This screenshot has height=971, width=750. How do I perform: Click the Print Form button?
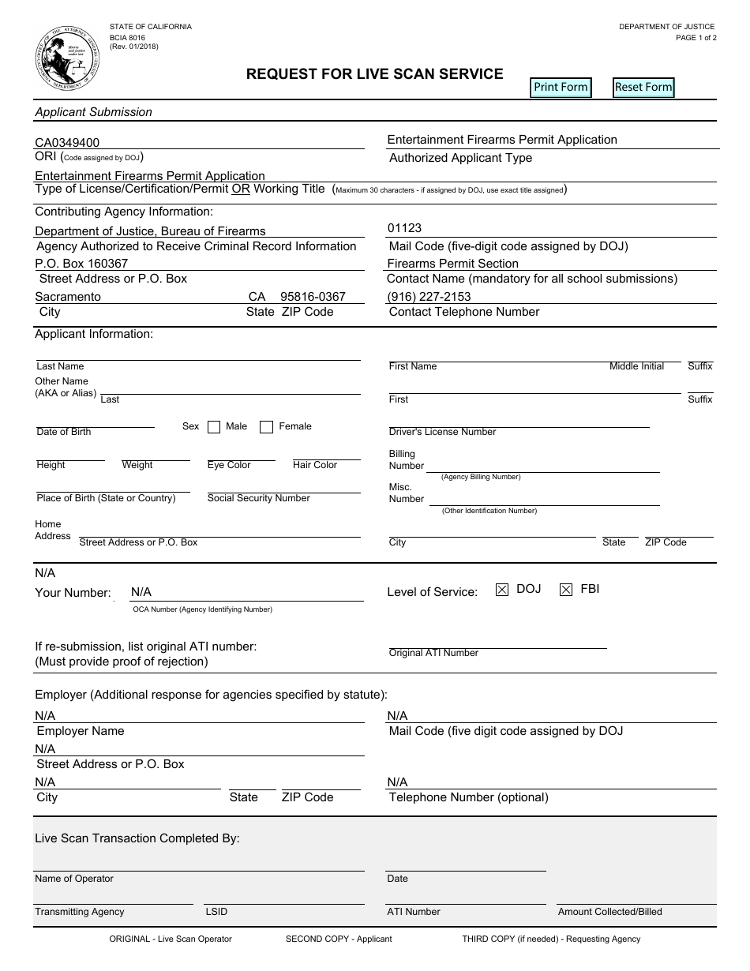(x=561, y=87)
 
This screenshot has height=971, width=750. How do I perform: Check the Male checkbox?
(x=214, y=427)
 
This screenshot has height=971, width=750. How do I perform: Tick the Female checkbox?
(x=267, y=427)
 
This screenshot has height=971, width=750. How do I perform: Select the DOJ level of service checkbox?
(x=502, y=590)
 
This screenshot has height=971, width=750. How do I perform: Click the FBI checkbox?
(x=566, y=590)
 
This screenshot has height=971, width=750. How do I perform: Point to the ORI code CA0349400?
(x=67, y=143)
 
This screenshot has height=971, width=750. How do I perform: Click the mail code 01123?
(x=404, y=228)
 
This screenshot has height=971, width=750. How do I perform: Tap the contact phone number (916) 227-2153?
(x=429, y=296)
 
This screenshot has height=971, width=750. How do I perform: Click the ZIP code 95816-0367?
(x=313, y=297)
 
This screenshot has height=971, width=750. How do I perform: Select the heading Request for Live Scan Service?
(x=374, y=74)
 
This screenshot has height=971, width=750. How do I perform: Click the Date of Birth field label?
(x=64, y=432)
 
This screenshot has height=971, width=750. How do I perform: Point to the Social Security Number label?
(x=258, y=498)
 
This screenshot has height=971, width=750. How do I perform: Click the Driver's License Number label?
(x=442, y=432)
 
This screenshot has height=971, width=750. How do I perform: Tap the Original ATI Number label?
(x=433, y=653)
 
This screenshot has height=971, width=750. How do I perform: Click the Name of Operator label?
(x=74, y=879)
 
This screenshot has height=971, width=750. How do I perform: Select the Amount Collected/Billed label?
(x=609, y=912)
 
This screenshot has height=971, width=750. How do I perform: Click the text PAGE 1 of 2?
(x=696, y=38)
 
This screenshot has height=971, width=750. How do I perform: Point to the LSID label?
(x=216, y=912)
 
